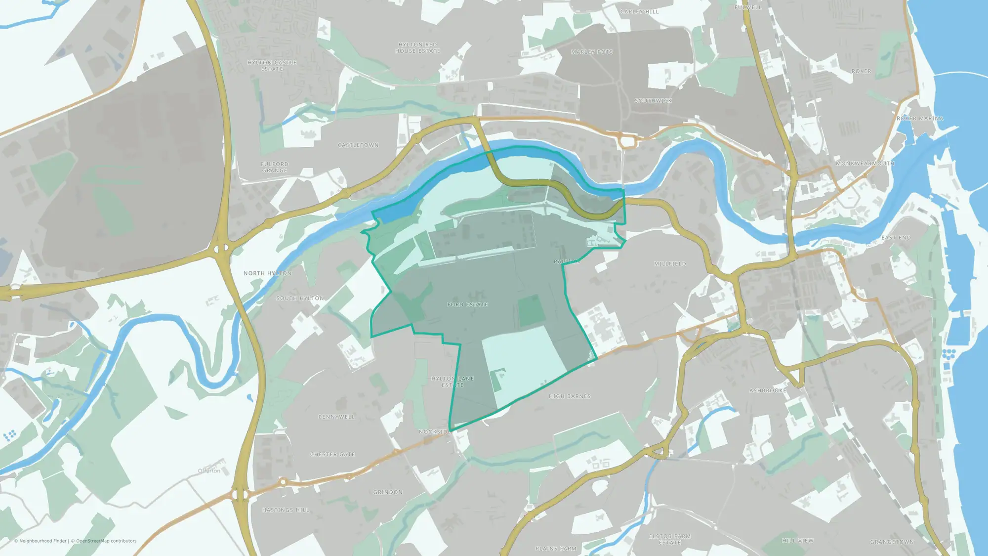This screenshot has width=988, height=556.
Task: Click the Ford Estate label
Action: (467, 304)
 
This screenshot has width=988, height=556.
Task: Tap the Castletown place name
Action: (358, 145)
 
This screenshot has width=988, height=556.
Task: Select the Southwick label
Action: (653, 101)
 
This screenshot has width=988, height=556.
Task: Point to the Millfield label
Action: (670, 264)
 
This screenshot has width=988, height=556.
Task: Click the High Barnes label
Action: (570, 396)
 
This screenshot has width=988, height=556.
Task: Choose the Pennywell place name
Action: (336, 417)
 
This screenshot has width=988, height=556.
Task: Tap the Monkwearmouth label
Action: (865, 164)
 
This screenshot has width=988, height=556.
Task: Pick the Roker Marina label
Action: (920, 119)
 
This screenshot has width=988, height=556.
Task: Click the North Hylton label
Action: (267, 273)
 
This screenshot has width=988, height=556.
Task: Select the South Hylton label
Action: (300, 299)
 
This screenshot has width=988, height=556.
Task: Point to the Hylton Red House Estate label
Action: (417, 48)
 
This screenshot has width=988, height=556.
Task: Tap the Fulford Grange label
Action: (275, 167)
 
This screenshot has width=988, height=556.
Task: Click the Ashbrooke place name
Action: (768, 390)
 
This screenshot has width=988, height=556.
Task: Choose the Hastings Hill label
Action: (286, 510)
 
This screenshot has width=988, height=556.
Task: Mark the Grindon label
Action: (388, 492)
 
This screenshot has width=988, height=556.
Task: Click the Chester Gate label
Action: (332, 454)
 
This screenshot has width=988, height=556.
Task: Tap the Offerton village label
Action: (209, 470)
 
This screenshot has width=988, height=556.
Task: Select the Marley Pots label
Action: (592, 52)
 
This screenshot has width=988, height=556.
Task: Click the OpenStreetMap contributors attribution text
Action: (106, 541)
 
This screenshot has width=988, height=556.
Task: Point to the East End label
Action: (896, 238)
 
